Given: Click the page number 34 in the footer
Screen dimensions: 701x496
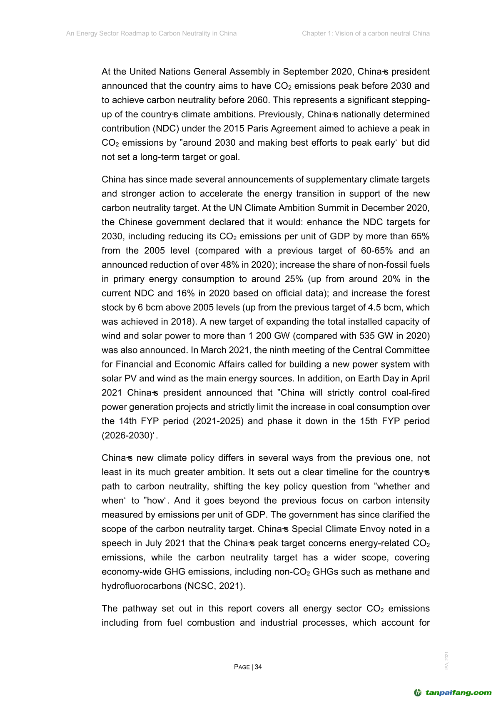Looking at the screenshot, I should pos(258,667).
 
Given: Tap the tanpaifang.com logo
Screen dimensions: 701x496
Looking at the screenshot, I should pos(453,693).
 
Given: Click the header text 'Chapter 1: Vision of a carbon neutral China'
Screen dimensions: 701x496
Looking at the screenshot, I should pos(366,33).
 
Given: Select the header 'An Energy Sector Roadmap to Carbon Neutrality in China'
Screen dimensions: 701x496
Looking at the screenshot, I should pos(151,33).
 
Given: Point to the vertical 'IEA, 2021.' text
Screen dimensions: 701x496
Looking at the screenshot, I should pos(447,660).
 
